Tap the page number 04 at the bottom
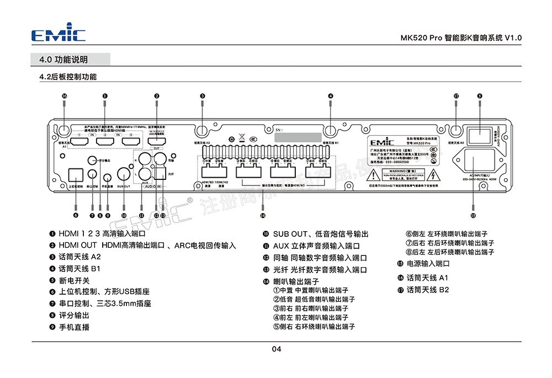pos(277,349)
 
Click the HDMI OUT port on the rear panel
pos(157,141)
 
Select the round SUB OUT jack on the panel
pos(123,177)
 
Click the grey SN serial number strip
pos(298,136)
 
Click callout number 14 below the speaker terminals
pos(263,215)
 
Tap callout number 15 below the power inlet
pos(473,215)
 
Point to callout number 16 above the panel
pos(65,96)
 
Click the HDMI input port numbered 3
pos(131,141)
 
